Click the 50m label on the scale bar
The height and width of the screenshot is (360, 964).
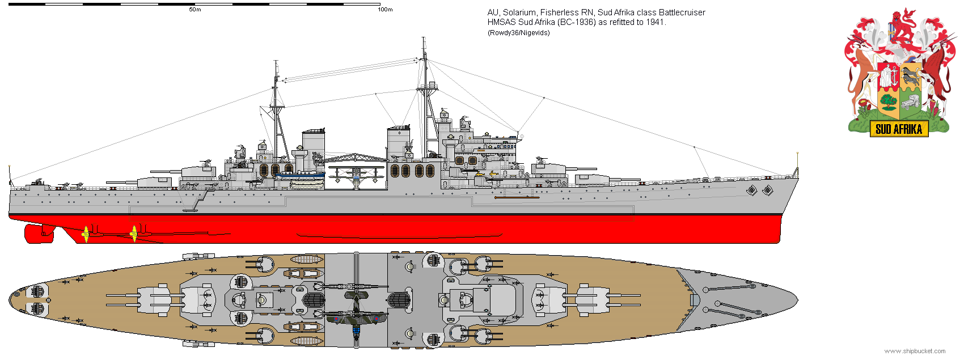(x=195, y=10)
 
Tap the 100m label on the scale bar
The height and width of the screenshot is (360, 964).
(x=385, y=10)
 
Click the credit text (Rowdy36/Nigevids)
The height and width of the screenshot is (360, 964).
(x=519, y=33)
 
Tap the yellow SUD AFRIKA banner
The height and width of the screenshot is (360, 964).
(x=899, y=129)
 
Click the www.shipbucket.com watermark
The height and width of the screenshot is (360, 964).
(x=915, y=351)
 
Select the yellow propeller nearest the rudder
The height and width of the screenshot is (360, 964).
(x=86, y=234)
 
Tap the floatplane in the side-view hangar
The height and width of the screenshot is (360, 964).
(x=356, y=176)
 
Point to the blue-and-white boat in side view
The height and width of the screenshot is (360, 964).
(x=300, y=176)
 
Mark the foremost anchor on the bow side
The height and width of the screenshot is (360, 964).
(x=767, y=190)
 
